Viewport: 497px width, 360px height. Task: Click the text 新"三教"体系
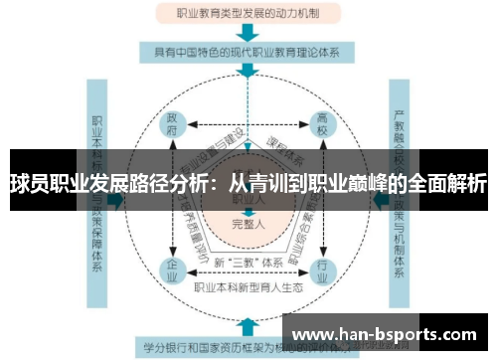(248, 262)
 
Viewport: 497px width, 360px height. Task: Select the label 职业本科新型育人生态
(248, 287)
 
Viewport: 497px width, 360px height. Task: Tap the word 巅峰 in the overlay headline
(377, 184)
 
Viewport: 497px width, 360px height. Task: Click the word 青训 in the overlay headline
(263, 184)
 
